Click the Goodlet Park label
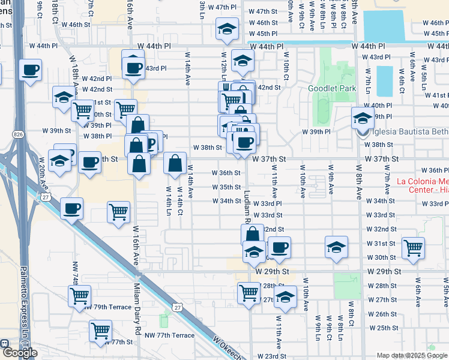(332, 88)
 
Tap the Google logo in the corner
(19, 352)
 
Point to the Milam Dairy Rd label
(137, 312)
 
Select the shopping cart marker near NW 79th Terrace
(80, 296)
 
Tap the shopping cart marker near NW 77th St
(100, 330)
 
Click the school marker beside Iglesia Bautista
(363, 118)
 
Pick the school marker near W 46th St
(228, 29)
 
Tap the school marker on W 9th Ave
(337, 247)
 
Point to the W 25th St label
(383, 328)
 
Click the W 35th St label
(226, 187)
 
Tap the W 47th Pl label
(218, 7)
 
